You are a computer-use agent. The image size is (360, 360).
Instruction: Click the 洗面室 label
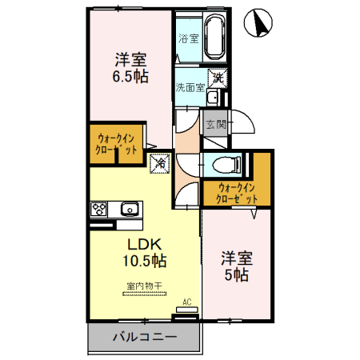(x=190, y=88)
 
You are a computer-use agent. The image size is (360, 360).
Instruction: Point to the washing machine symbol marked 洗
(x=220, y=80)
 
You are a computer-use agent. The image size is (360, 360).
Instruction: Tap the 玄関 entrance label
(x=215, y=124)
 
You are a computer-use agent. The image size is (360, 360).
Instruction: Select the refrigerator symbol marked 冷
(x=159, y=162)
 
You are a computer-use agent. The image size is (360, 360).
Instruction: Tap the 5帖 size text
(x=236, y=274)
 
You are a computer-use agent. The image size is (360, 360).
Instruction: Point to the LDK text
(x=143, y=243)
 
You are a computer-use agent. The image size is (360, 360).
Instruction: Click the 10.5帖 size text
(x=143, y=261)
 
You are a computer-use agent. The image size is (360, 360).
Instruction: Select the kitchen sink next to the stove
(x=129, y=210)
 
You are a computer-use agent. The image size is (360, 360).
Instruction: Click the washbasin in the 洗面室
(x=212, y=98)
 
